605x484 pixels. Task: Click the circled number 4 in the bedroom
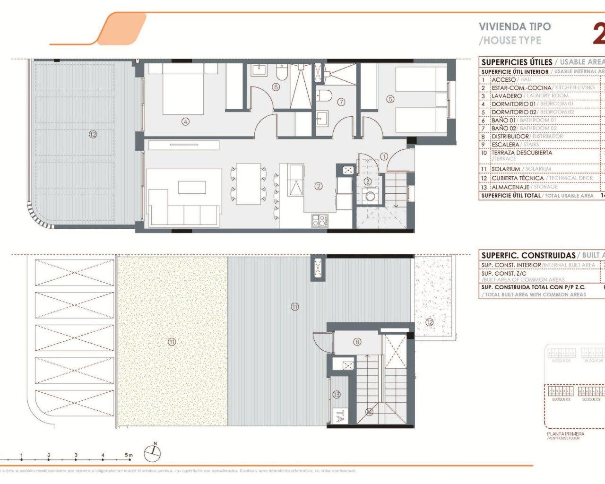pyautogui.click(x=185, y=122)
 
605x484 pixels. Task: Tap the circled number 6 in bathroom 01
pyautogui.click(x=276, y=87)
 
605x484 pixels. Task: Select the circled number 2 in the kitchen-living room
pyautogui.click(x=319, y=186)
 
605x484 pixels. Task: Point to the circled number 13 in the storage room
pyautogui.click(x=337, y=395)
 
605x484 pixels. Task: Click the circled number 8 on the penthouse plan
pyautogui.click(x=357, y=342)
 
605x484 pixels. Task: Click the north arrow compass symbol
pyautogui.click(x=153, y=453)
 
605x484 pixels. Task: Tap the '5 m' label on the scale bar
pyautogui.click(x=129, y=455)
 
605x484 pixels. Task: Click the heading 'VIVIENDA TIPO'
pyautogui.click(x=515, y=27)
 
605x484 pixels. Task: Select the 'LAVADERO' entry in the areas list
pyautogui.click(x=507, y=96)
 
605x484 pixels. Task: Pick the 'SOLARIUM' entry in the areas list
pyautogui.click(x=506, y=169)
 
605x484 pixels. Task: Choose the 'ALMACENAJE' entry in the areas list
pyautogui.click(x=510, y=187)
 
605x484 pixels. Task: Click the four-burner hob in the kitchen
pyautogui.click(x=320, y=220)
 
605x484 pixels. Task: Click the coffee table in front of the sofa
pyautogui.click(x=191, y=188)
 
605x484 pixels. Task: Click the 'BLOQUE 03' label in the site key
pyautogui.click(x=561, y=399)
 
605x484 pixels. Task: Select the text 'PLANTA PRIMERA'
pyautogui.click(x=565, y=434)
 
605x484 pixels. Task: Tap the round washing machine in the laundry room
pyautogui.click(x=370, y=196)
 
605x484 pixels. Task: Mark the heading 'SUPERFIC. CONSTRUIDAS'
pyautogui.click(x=528, y=255)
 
